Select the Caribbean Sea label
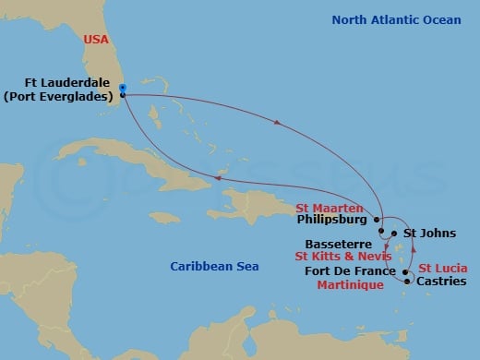click(x=214, y=266)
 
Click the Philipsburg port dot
click(x=378, y=220)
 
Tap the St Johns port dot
click(x=394, y=234)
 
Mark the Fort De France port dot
click(x=406, y=272)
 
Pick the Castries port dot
click(x=407, y=282)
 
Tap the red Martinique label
click(x=351, y=287)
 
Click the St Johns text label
click(x=430, y=234)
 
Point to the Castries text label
click(x=441, y=282)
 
